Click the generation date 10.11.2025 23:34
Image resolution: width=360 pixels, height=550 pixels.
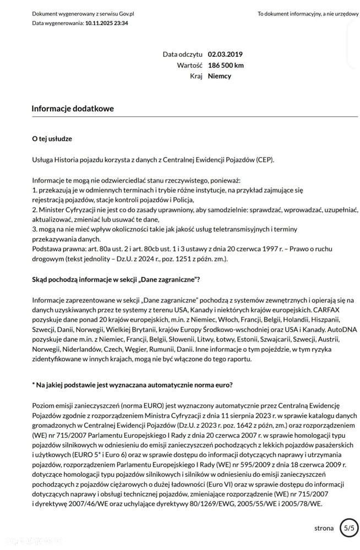[x=107, y=23]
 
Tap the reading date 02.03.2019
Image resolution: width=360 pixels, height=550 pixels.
[x=225, y=55]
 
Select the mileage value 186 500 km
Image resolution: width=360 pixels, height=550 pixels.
[x=226, y=65]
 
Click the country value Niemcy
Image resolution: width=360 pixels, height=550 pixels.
[x=219, y=76]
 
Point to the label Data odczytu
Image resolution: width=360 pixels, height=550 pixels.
[x=183, y=55]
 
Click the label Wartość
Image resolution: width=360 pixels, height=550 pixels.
[x=190, y=65]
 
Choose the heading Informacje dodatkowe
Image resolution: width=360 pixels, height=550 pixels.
[x=73, y=108]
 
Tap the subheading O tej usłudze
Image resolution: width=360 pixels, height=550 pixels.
[x=52, y=139]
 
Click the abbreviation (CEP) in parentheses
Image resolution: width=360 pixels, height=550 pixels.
[x=264, y=160]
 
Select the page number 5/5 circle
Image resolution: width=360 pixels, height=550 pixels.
[x=348, y=527]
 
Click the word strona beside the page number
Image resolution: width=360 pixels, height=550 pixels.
[x=324, y=528]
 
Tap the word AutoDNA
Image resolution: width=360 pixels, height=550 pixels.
[x=342, y=329]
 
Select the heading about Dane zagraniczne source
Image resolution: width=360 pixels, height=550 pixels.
[x=116, y=280]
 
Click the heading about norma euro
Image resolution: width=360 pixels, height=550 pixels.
[x=132, y=385]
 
